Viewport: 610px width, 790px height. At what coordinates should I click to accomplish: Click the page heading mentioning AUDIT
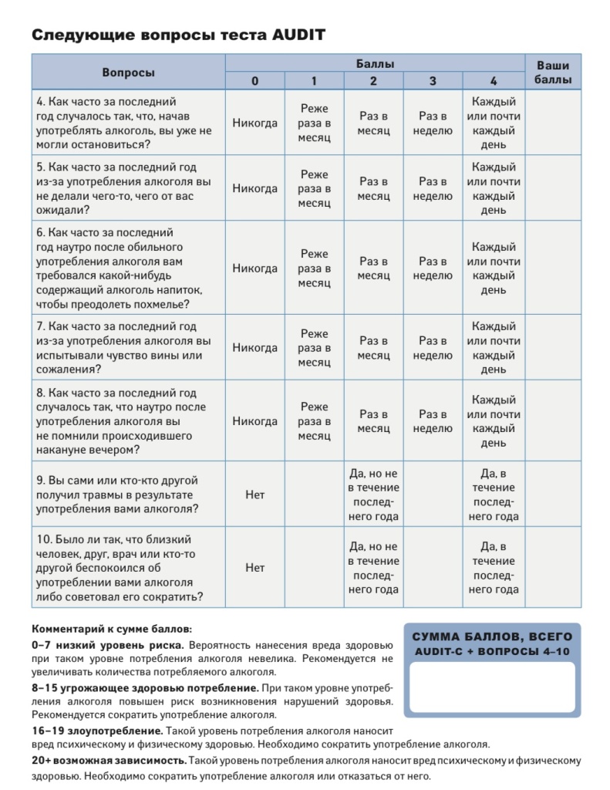pos(178,35)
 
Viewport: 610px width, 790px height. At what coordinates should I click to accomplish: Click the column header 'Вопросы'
pos(128,73)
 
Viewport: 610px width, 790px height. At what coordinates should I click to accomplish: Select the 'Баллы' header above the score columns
pos(375,63)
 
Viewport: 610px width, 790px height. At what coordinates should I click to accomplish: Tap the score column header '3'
pos(433,81)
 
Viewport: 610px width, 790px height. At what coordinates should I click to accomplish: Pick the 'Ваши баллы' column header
pos(553,73)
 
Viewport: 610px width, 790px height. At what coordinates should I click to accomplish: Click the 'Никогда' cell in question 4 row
pos(254,123)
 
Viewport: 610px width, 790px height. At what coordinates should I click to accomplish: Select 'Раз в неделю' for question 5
pos(433,189)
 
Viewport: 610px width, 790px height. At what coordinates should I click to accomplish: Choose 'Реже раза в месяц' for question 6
pos(314,268)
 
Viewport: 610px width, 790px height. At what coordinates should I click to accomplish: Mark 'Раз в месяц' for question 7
pos(374,348)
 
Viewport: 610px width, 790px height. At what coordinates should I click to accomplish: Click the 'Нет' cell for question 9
pos(254,495)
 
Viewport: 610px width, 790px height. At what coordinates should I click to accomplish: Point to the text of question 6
pos(123,268)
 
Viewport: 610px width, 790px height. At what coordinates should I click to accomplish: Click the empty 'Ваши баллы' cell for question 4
pos(553,123)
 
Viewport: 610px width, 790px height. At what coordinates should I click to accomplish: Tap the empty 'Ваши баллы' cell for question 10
pos(553,568)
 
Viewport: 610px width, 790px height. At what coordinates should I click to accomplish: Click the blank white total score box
pos(492,687)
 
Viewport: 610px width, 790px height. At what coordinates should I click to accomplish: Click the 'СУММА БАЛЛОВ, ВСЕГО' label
pos(492,637)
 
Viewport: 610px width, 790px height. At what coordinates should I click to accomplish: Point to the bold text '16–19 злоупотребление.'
pos(97,730)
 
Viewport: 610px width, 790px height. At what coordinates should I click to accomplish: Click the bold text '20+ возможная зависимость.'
pos(109,761)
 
